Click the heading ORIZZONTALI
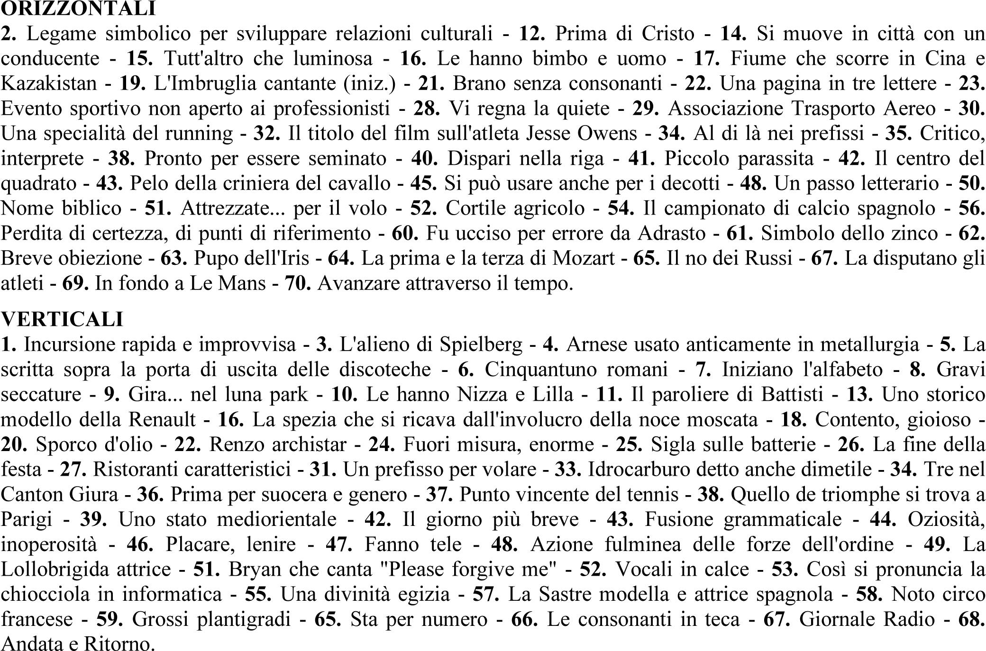78,9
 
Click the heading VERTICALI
62,319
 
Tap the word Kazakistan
49,83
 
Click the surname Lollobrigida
86,569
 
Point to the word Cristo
668,34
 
